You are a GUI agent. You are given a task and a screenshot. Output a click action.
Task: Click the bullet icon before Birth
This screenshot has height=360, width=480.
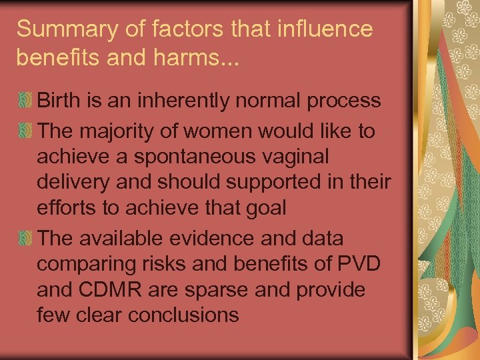[25, 102]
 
